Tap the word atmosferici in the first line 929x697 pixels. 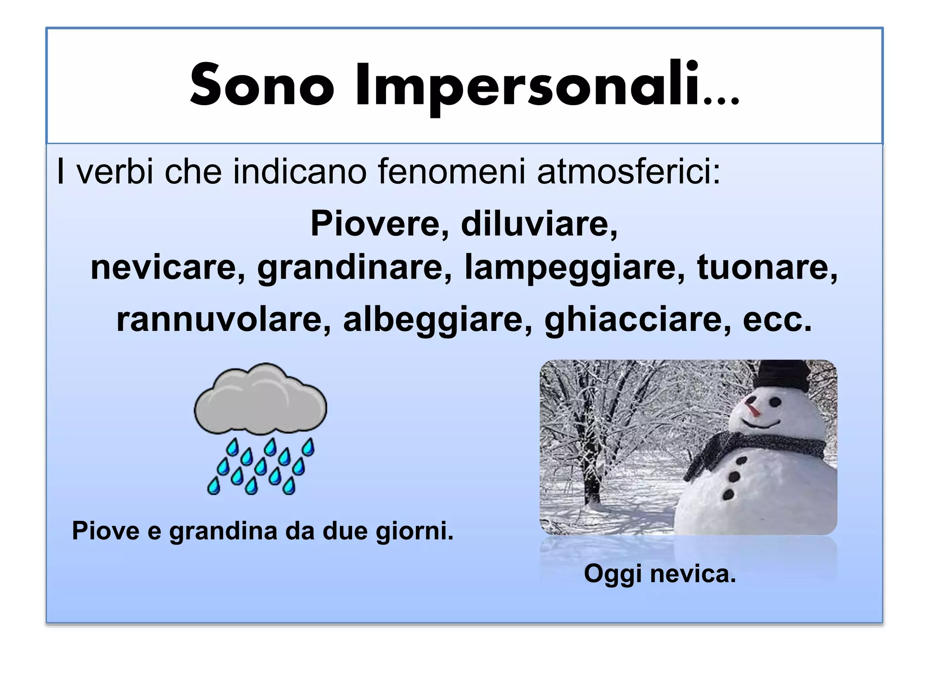[628, 172]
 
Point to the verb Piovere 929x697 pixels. [379, 224]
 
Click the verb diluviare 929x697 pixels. [539, 224]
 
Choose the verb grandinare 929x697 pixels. [354, 267]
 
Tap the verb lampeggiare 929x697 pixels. [574, 267]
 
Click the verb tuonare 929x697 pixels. [767, 267]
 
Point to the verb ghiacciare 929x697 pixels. [637, 319]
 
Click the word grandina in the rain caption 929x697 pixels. [223, 530]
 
